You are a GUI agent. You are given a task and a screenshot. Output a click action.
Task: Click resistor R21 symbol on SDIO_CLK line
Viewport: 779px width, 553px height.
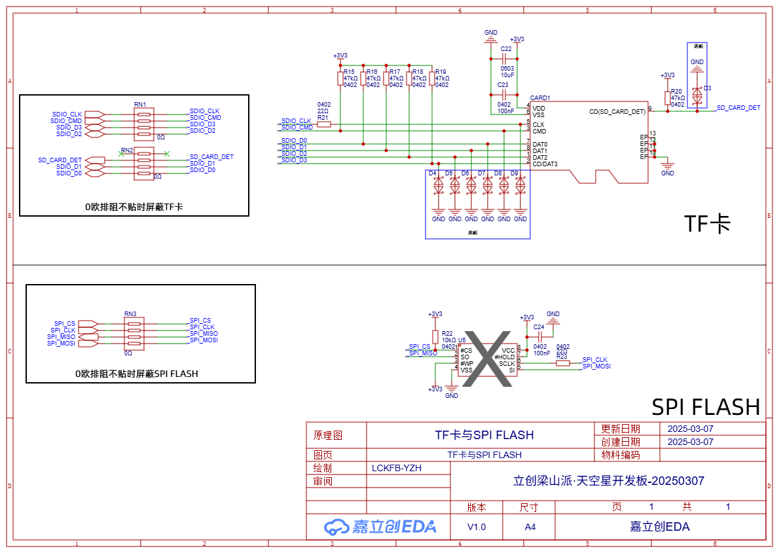[324, 124]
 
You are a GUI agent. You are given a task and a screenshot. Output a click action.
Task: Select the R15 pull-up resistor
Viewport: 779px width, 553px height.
[340, 79]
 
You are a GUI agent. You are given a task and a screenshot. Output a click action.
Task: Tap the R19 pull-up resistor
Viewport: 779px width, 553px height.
[431, 79]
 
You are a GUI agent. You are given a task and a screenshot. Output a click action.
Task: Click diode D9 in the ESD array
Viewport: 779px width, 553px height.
[520, 185]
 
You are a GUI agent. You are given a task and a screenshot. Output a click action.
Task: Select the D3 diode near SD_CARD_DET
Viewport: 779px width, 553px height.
[697, 95]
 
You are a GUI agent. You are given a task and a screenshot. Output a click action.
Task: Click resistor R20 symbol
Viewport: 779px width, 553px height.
[667, 98]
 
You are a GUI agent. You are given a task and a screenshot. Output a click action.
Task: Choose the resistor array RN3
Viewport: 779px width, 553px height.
[134, 334]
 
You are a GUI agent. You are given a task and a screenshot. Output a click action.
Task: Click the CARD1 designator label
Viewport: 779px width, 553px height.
[540, 98]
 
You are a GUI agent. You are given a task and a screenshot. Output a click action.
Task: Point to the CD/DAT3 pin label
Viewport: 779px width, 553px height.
[545, 164]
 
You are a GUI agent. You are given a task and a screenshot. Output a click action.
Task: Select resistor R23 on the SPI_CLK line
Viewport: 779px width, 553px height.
[562, 363]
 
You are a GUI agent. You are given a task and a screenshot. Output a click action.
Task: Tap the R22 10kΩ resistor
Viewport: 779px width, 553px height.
[435, 336]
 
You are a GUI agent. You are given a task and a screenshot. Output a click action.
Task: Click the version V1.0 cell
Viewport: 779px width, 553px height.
[477, 527]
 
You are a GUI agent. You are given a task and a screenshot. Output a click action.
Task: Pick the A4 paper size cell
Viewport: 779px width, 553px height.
[530, 527]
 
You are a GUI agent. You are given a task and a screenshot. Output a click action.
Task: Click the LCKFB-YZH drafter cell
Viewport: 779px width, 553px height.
[397, 468]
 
